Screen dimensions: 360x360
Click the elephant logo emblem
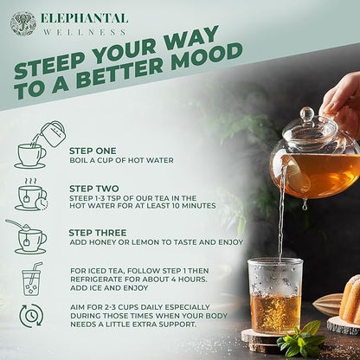click(x=22, y=23)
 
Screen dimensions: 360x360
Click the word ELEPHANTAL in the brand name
click(x=84, y=18)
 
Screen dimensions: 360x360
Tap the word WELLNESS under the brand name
click(x=84, y=32)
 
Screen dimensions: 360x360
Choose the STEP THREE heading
click(x=97, y=232)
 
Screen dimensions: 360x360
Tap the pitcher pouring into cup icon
click(x=32, y=145)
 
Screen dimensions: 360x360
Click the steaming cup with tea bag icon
click(x=31, y=196)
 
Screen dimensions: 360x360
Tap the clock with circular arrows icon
click(x=31, y=316)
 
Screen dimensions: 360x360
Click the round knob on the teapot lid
click(x=306, y=113)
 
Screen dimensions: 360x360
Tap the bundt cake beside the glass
click(x=349, y=299)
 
